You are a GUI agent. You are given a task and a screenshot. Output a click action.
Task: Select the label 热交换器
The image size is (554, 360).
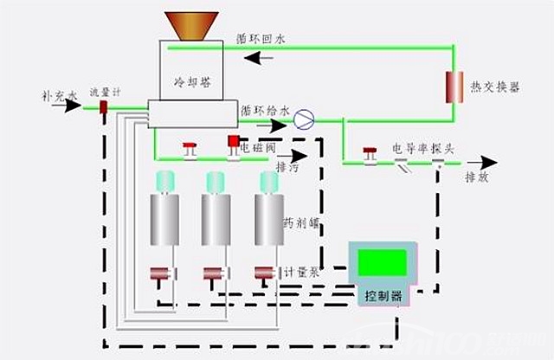tap(494, 87)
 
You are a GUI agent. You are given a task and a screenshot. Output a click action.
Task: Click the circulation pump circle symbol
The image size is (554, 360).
tap(304, 118)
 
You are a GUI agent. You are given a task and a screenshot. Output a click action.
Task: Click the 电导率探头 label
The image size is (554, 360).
tap(425, 148)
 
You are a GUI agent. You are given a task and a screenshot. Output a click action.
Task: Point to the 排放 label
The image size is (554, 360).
tap(478, 178)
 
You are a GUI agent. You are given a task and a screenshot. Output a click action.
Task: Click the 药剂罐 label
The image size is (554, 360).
tap(300, 222)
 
